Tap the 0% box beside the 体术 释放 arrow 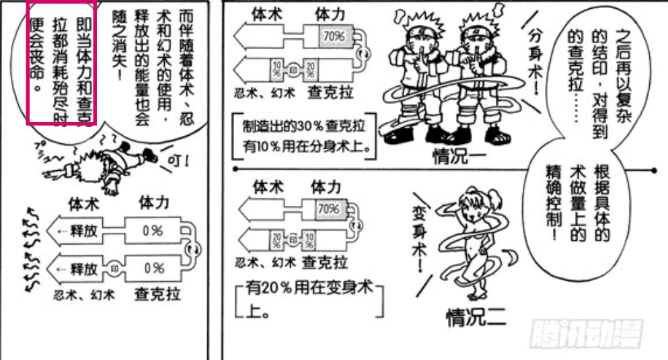pyautogui.click(x=153, y=230)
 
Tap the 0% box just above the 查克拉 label pyautogui.click(x=153, y=268)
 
